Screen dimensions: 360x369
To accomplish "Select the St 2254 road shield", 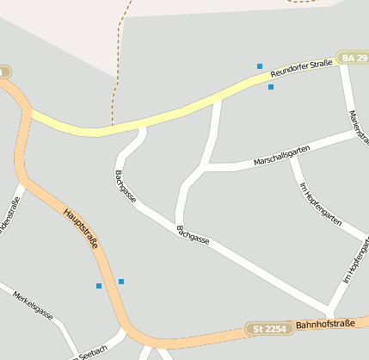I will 269,328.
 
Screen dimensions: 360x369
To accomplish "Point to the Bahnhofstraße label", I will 325,325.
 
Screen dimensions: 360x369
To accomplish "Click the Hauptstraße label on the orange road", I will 80,227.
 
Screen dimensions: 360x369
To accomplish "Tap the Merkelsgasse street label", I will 33,305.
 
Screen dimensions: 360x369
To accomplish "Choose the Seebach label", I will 92,349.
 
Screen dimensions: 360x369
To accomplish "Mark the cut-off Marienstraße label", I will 357,126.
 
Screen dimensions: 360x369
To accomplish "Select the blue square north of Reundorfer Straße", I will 260,66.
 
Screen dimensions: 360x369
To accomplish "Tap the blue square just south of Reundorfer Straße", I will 271,87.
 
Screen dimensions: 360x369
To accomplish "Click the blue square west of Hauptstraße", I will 99,285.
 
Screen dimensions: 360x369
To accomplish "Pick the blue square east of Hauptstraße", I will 121,282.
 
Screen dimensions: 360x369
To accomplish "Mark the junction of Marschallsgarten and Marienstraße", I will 353,132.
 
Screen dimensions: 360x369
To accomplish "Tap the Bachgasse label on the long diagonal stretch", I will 193,234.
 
